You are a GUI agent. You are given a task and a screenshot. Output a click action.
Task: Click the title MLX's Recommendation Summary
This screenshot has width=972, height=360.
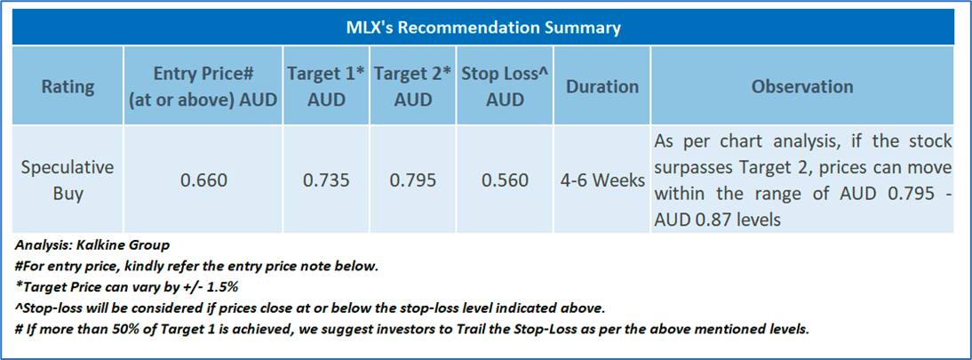tap(483, 28)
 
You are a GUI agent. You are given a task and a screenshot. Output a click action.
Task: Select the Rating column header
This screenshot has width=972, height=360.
tap(68, 86)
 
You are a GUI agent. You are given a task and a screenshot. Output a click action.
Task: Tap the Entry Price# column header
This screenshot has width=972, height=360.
tap(203, 86)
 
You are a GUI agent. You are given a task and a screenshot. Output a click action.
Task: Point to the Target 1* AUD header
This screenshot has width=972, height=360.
tap(326, 86)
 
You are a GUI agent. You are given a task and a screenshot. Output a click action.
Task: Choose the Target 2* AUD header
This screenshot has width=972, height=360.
tap(413, 86)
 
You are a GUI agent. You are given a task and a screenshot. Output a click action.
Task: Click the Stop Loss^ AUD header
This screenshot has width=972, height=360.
tap(506, 86)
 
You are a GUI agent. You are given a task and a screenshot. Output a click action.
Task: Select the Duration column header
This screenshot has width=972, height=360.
tap(602, 86)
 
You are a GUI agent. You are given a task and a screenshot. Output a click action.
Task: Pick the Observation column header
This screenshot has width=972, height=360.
tap(802, 86)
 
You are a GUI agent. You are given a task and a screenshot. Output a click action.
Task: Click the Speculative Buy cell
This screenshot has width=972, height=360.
tap(68, 180)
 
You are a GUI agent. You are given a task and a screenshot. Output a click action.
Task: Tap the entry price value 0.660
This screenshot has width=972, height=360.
tap(204, 180)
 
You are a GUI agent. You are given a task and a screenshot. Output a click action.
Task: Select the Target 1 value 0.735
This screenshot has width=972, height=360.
tap(326, 180)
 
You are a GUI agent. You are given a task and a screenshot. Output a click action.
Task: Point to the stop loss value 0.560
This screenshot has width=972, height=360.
tap(506, 180)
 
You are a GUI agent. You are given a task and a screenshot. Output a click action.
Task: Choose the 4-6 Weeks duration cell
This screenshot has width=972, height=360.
tap(602, 180)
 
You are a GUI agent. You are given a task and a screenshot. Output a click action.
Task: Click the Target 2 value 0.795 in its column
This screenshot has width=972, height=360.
tap(413, 180)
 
